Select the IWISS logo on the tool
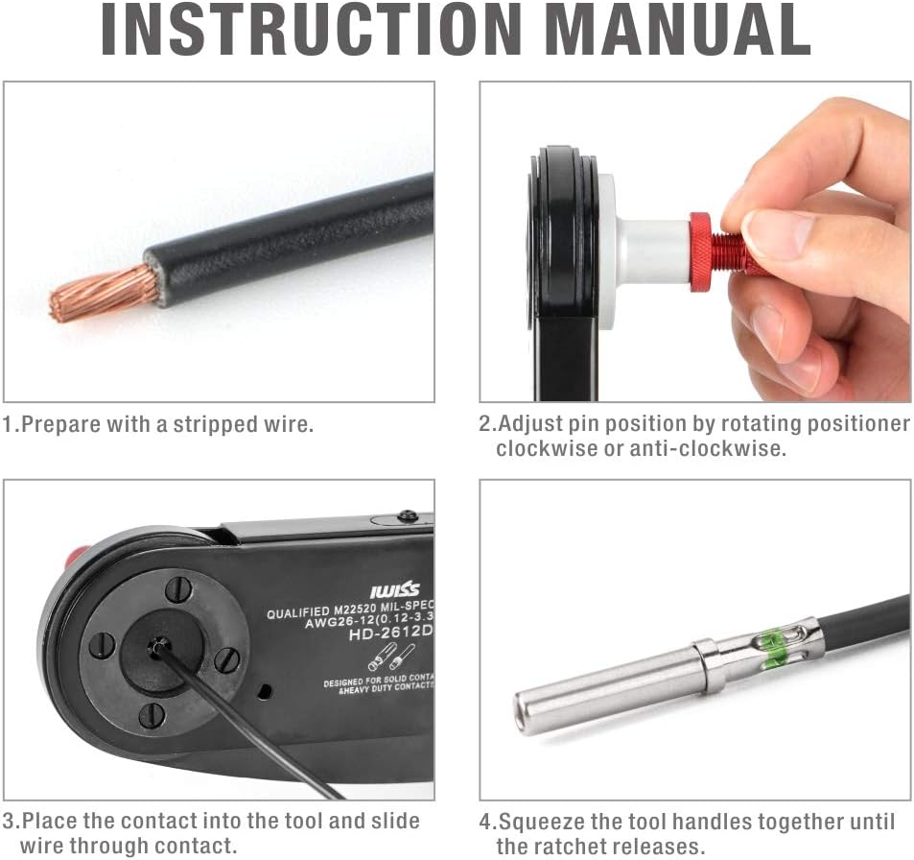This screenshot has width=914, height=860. (x=394, y=588)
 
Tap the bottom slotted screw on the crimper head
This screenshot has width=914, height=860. (x=152, y=715)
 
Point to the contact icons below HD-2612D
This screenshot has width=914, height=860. (x=391, y=658)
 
